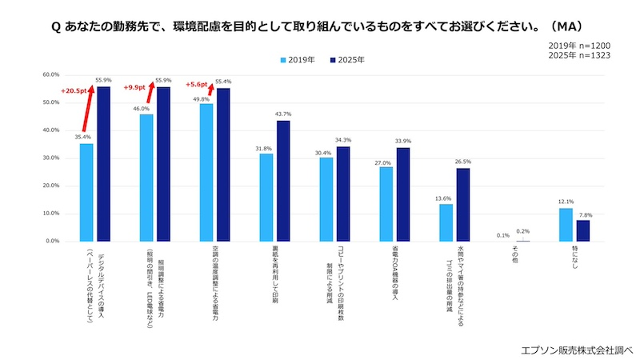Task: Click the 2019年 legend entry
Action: coord(300,59)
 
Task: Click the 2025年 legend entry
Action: coord(346,59)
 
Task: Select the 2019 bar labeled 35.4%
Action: coord(86,192)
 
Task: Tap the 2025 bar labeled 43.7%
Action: coord(282,181)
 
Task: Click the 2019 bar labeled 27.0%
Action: coord(386,204)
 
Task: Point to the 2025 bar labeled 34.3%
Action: coord(343,194)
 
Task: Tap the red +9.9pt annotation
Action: coord(134,88)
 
